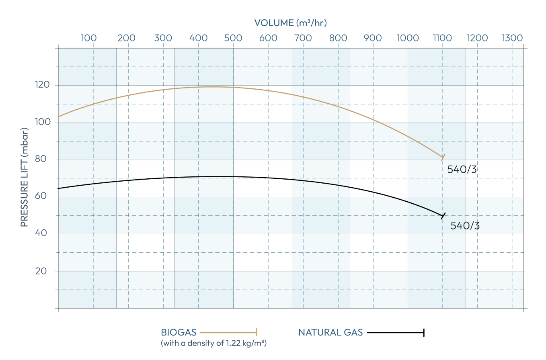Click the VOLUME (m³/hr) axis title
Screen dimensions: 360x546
tap(290, 23)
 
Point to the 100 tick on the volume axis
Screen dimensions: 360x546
tap(88, 38)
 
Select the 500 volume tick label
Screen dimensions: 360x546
tap(233, 38)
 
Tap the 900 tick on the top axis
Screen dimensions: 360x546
tap(373, 38)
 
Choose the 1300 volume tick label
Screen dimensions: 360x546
tap(512, 38)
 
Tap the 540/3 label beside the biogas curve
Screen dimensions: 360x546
tap(462, 169)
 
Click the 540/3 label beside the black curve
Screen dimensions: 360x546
tap(465, 225)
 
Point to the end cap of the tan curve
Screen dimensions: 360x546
tap(443, 157)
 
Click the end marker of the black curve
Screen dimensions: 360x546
tap(443, 216)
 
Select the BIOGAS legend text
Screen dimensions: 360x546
tap(179, 332)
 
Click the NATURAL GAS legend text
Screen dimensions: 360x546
tap(330, 332)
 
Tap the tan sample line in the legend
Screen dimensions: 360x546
tap(228, 332)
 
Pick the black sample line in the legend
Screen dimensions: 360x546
tap(395, 332)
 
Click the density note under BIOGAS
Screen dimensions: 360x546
tap(213, 344)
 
